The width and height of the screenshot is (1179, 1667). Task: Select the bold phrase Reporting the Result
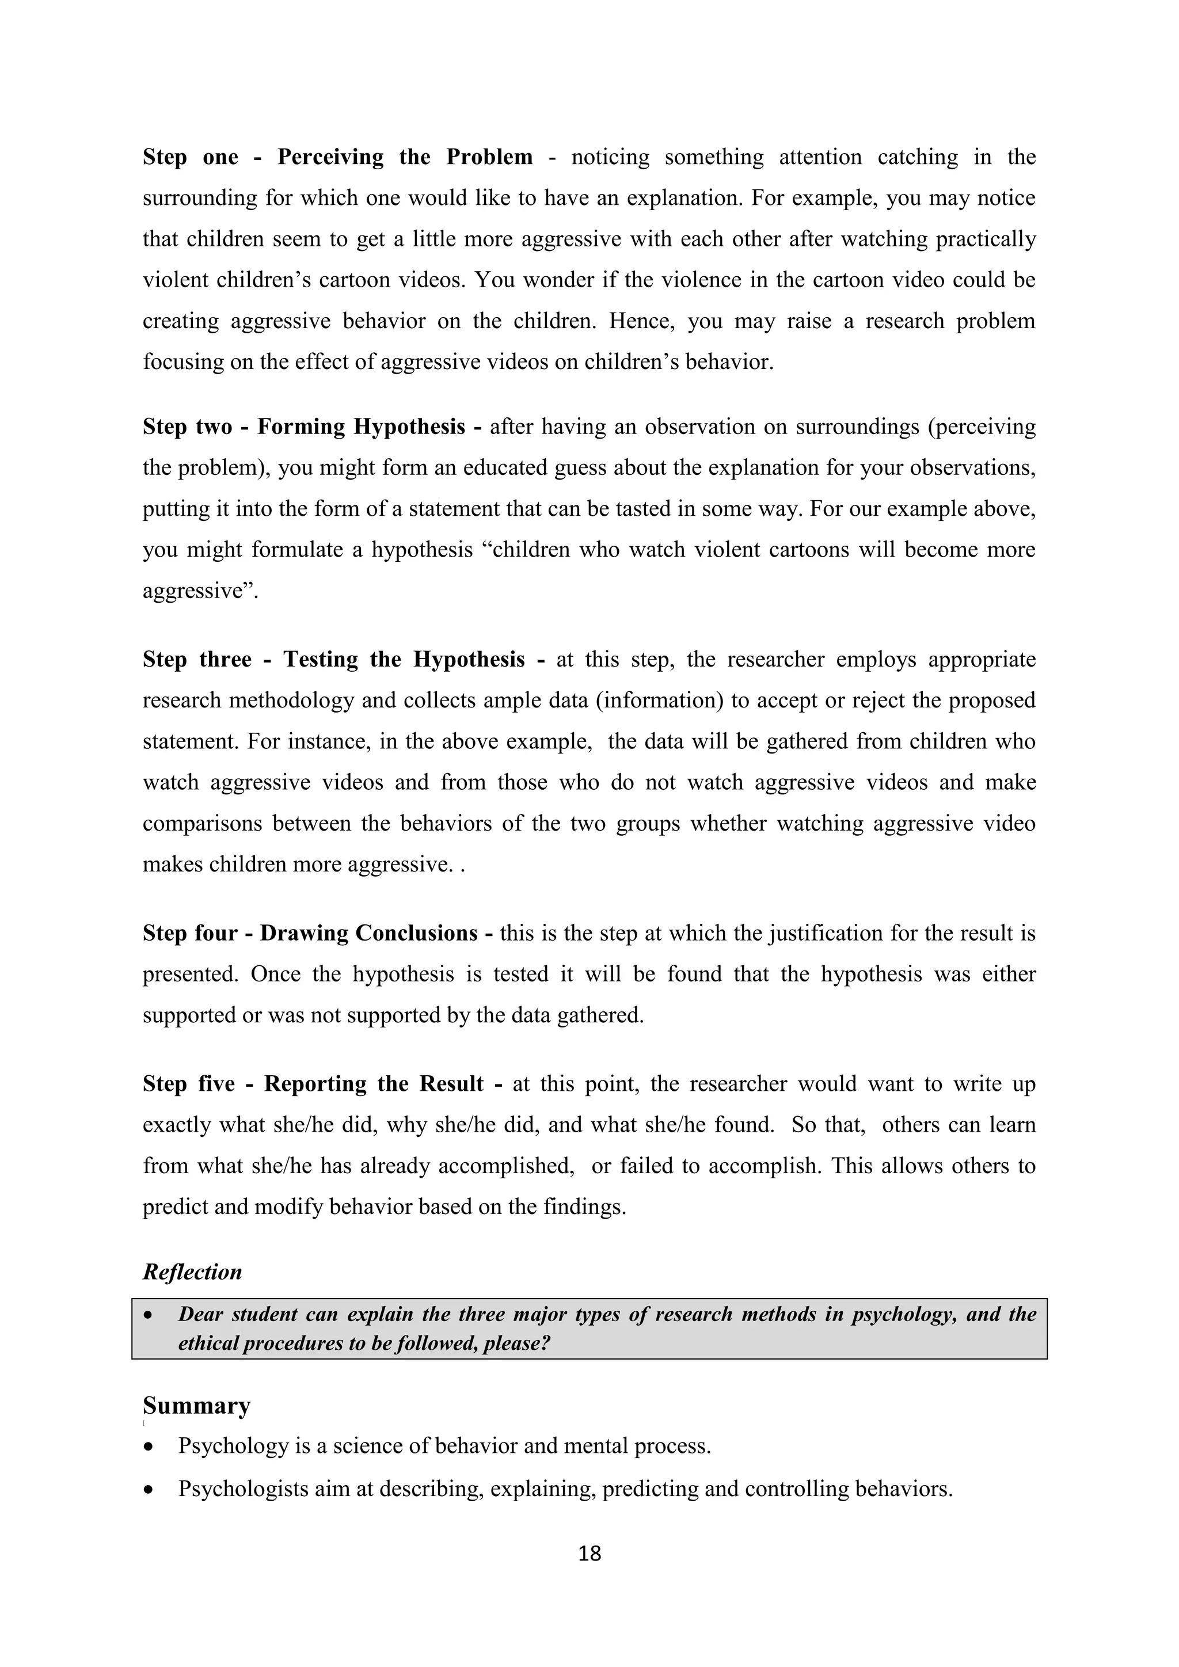(373, 1084)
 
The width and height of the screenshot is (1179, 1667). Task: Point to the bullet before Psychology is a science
(149, 1447)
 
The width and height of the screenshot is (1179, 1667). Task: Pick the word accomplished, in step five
(506, 1166)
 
